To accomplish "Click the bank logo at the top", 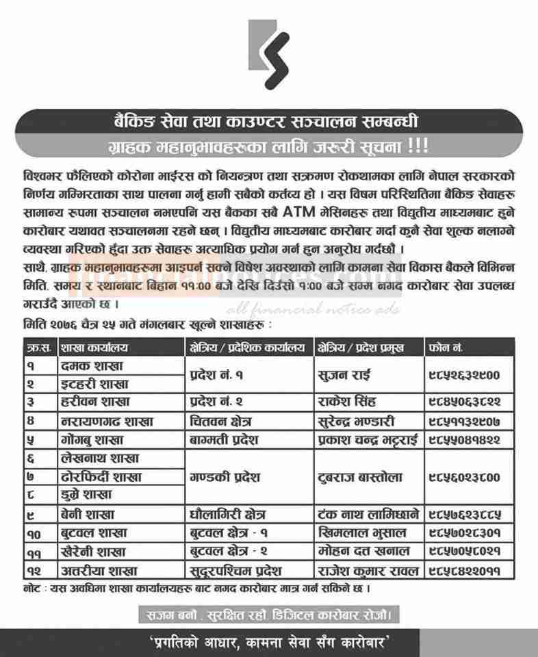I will [269, 54].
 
